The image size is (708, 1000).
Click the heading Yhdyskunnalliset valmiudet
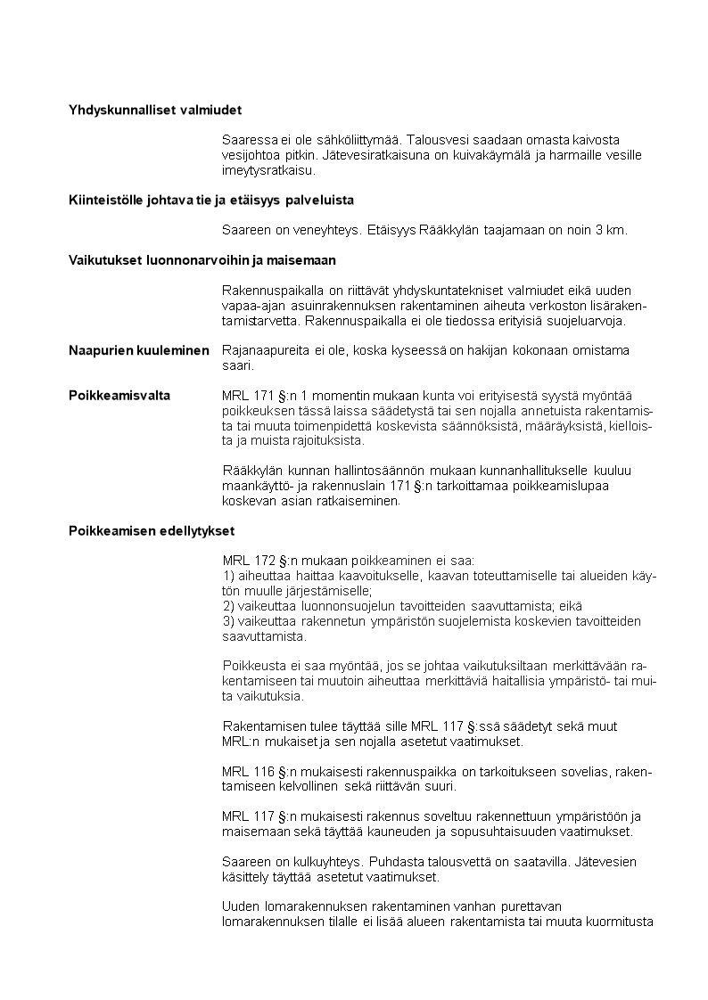156,110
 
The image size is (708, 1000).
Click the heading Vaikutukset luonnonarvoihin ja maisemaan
202,260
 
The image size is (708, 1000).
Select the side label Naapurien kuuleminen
139,350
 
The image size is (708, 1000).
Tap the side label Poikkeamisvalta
119,395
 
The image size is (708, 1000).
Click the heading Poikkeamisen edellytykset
152,531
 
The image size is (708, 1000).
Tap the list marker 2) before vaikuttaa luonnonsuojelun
227,606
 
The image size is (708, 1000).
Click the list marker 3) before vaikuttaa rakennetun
227,621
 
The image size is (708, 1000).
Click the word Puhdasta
394,863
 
